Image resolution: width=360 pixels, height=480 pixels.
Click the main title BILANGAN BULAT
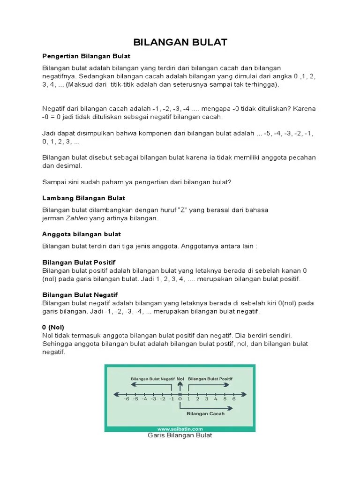coord(180,42)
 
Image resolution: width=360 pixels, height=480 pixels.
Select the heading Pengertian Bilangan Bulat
coord(86,56)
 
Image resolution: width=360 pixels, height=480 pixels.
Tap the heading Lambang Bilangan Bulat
coord(84,198)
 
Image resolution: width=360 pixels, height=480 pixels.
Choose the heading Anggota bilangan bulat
coord(82,234)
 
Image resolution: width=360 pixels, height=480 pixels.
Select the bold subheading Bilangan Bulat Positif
coord(79,262)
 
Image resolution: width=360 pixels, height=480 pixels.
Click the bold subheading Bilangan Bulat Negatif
coord(80,294)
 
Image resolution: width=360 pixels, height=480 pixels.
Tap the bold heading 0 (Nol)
coord(53,327)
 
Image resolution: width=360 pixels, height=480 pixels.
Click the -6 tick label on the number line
coord(126,399)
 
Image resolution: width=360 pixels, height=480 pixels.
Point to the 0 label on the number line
coord(180,399)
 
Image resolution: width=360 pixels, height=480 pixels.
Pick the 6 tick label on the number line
coord(233,399)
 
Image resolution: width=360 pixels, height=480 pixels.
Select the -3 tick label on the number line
coord(153,399)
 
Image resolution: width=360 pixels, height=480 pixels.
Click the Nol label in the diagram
coord(180,378)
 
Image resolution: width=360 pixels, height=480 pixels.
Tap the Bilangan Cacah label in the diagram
coord(205,413)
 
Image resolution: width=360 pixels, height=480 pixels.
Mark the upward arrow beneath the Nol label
coord(180,385)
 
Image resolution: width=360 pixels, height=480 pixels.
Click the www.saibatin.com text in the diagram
coord(180,428)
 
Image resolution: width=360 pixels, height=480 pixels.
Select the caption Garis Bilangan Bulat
coord(180,435)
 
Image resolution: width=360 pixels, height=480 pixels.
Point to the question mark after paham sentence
coord(230,182)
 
